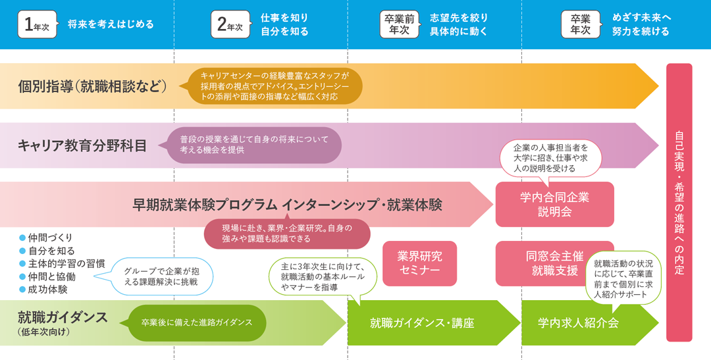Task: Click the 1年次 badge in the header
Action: tap(37, 24)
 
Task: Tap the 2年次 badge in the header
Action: tap(231, 24)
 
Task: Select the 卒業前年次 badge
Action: tap(399, 24)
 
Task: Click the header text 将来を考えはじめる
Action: tap(111, 25)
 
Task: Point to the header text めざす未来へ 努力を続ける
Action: tap(640, 25)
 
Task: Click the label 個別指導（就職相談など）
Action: tap(92, 86)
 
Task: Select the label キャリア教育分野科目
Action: tap(83, 145)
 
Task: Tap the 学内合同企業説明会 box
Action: tap(554, 204)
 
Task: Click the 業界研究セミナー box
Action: tap(419, 263)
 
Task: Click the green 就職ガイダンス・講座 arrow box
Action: tap(422, 323)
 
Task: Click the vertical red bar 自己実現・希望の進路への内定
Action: tap(679, 202)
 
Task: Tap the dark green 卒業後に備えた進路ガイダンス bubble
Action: tap(197, 323)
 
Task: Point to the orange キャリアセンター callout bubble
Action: tap(274, 86)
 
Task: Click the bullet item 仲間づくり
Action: tap(50, 238)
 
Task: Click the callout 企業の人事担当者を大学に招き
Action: tap(550, 158)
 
